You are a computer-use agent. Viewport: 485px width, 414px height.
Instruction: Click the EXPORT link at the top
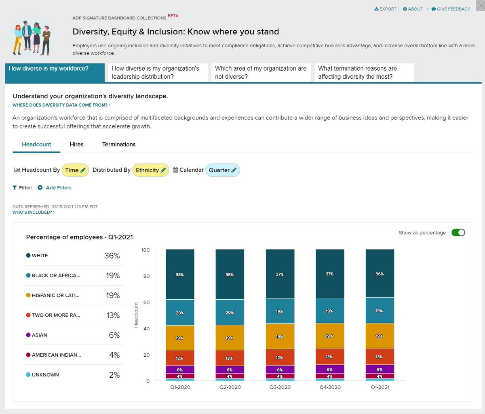click(x=386, y=9)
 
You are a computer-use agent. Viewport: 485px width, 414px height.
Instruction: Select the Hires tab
click(x=76, y=145)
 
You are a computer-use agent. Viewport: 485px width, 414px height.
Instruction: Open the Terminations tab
click(x=119, y=145)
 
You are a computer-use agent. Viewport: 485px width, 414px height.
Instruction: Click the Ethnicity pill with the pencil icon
click(x=151, y=170)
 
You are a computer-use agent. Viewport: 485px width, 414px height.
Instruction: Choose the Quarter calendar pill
click(x=223, y=170)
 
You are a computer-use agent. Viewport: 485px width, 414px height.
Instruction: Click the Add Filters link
click(x=58, y=188)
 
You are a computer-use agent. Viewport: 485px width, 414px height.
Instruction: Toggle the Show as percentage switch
click(x=458, y=233)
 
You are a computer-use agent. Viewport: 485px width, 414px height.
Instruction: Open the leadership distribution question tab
click(x=156, y=73)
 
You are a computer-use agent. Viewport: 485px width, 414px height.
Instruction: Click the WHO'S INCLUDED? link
click(x=34, y=212)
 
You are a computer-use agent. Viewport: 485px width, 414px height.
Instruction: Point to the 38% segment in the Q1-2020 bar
click(x=180, y=275)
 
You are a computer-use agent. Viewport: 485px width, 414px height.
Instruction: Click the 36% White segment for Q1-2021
click(x=380, y=274)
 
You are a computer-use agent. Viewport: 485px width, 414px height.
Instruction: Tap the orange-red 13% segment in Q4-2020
click(x=330, y=357)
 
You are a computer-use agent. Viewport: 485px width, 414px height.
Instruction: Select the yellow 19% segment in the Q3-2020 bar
click(x=280, y=336)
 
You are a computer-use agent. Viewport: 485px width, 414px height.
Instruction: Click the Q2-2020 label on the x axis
click(x=230, y=387)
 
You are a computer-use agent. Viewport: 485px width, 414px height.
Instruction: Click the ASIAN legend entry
click(x=40, y=335)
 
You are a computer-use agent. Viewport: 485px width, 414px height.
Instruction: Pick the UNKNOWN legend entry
click(x=45, y=375)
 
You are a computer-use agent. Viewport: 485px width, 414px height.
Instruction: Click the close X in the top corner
click(x=480, y=6)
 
